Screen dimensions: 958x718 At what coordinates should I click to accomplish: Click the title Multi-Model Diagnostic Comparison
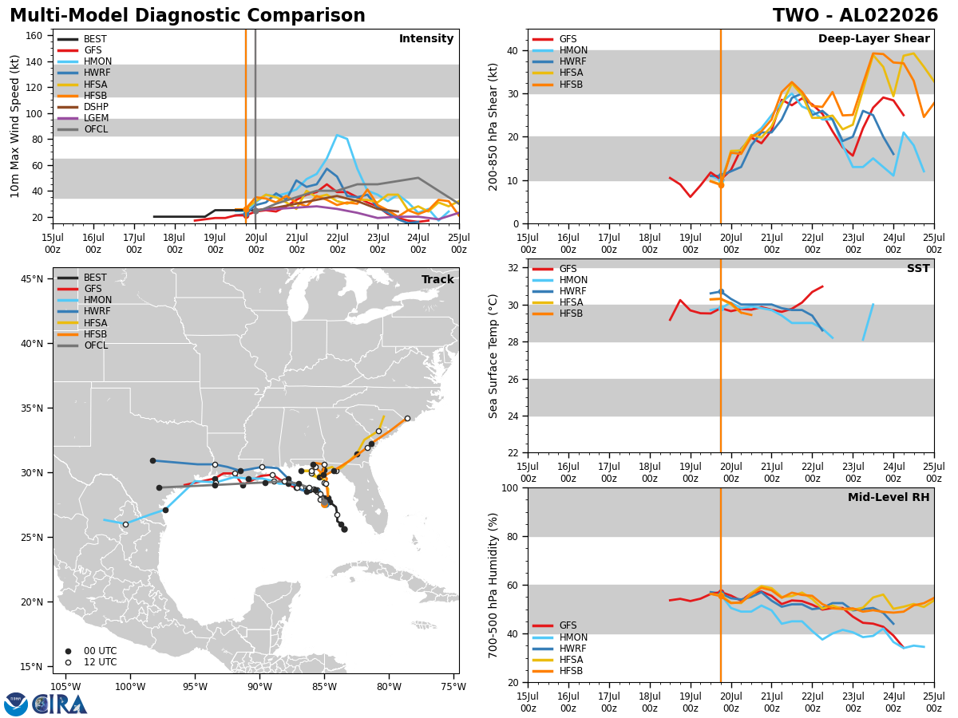pos(188,16)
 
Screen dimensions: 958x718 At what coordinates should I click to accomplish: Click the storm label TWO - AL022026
pos(855,16)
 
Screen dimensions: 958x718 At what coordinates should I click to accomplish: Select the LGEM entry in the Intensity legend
pos(83,118)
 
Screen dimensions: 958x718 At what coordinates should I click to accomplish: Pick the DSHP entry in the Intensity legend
pos(83,107)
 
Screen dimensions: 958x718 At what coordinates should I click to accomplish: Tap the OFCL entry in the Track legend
pos(82,345)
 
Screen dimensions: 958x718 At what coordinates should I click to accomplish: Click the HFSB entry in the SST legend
pos(557,314)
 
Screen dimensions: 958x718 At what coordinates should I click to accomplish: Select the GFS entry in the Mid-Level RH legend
pos(555,625)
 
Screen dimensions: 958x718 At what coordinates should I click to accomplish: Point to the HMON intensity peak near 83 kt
pos(337,136)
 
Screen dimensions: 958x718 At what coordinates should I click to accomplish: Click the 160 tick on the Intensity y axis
pos(34,36)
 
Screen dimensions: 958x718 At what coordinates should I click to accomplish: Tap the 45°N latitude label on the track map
pos(32,279)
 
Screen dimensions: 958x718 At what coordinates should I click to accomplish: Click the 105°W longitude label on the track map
pos(66,688)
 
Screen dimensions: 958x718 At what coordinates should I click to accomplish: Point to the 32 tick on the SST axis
pos(513,268)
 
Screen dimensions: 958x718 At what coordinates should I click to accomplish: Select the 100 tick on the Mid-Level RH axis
pos(510,487)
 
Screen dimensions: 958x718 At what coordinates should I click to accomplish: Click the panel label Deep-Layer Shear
pos(873,39)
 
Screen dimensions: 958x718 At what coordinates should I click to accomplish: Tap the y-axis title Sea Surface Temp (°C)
pos(493,356)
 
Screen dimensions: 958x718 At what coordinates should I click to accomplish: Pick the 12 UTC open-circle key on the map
pos(68,663)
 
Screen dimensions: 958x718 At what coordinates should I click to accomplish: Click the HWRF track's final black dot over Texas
pos(152,461)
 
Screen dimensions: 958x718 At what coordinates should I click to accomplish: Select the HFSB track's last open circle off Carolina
pos(407,419)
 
